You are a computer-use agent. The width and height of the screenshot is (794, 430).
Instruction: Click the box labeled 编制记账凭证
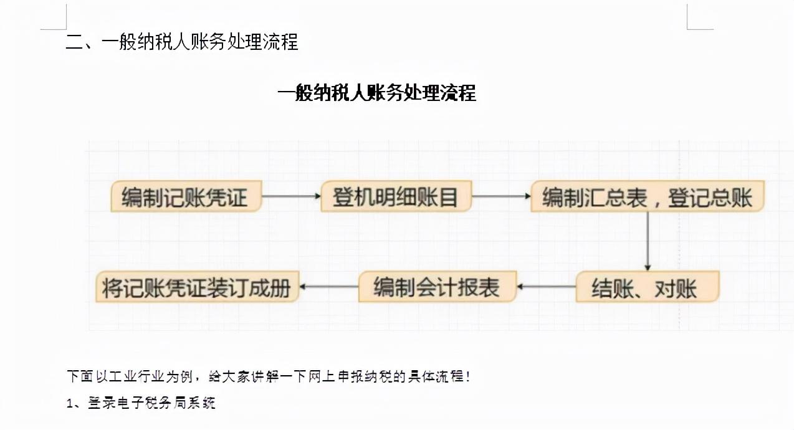[x=185, y=197]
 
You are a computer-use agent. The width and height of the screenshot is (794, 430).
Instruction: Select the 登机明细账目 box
[x=396, y=197]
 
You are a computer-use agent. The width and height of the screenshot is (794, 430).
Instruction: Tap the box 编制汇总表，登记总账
[x=647, y=197]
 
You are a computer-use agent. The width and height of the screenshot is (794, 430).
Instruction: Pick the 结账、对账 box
[x=647, y=288]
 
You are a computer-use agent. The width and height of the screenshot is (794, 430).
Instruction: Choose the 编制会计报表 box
[x=437, y=287]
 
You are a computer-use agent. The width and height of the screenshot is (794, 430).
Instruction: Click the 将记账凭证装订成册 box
[x=197, y=288]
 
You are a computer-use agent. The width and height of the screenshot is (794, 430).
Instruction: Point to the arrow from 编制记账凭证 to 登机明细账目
[x=290, y=196]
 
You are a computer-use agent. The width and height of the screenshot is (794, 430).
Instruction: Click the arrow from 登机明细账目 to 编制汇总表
[x=501, y=196]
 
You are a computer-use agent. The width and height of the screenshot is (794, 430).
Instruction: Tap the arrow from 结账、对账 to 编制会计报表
[x=546, y=287]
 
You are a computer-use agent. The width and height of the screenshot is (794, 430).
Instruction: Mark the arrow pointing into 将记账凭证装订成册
[x=328, y=287]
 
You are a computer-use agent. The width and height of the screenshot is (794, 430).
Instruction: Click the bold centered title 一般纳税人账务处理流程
[x=376, y=93]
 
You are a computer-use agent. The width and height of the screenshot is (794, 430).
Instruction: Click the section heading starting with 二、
[x=182, y=42]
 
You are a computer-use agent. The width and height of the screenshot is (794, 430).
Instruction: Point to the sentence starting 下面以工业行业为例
[x=268, y=376]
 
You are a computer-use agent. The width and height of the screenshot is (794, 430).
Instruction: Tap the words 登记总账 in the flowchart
[x=710, y=198]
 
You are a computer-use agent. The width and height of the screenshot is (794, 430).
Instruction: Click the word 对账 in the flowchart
[x=676, y=289]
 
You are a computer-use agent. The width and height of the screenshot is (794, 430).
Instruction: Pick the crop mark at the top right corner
[x=698, y=19]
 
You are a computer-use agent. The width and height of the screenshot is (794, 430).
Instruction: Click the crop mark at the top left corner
[x=55, y=19]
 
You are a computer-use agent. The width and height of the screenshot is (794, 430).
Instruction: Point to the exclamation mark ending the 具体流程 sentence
[x=467, y=376]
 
